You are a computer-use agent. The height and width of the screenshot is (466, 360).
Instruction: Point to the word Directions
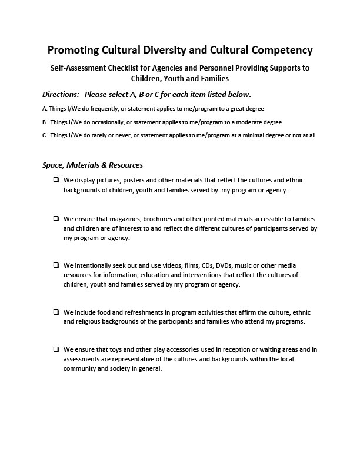(x=61, y=95)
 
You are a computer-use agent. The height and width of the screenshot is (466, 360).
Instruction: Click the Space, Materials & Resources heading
(x=92, y=165)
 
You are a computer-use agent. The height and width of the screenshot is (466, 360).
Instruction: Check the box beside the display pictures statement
(x=56, y=180)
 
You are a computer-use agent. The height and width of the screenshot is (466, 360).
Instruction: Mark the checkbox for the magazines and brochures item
(x=56, y=218)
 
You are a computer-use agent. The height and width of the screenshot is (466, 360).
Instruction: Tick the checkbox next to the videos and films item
(x=56, y=265)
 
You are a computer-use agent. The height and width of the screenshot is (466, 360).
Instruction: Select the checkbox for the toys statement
(x=56, y=349)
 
